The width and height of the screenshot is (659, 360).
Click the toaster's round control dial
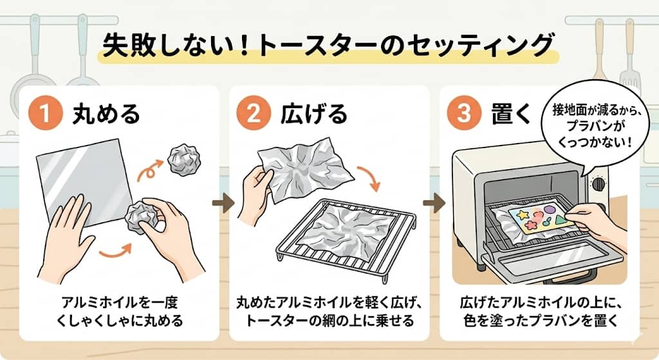599,184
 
